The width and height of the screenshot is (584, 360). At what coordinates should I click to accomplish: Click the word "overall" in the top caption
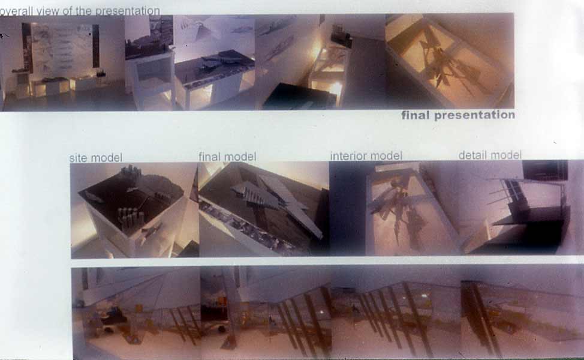click(x=16, y=11)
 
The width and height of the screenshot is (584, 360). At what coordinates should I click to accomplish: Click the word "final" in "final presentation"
click(x=416, y=115)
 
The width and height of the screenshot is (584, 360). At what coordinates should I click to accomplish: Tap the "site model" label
click(x=96, y=158)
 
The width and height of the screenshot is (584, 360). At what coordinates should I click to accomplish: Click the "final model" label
click(x=227, y=157)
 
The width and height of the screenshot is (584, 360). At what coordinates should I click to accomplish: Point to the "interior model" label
click(x=366, y=156)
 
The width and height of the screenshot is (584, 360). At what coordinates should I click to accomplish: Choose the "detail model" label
click(x=490, y=155)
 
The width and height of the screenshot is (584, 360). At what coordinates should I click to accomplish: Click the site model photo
click(x=134, y=211)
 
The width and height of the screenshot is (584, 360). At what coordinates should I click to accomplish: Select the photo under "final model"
click(x=264, y=209)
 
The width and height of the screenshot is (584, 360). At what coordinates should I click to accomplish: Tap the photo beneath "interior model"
click(x=395, y=208)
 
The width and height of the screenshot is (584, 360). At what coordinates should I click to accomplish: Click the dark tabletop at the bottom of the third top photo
click(x=298, y=97)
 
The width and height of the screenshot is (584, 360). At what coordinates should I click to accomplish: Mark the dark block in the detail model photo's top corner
click(x=545, y=170)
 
